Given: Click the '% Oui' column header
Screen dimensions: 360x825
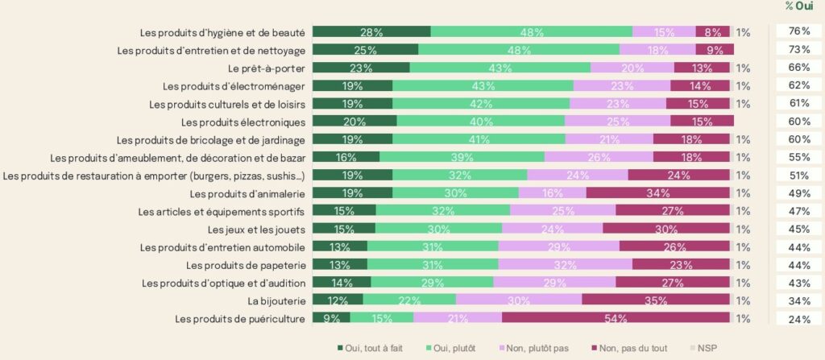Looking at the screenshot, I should [798, 6].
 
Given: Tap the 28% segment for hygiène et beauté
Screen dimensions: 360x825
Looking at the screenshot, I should [371, 32].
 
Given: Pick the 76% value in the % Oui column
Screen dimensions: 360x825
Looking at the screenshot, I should [798, 32].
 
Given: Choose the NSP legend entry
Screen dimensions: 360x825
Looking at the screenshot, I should [706, 348].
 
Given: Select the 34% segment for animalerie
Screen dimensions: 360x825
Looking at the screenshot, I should [658, 193].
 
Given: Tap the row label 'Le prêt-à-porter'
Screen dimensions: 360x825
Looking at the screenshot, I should [267, 68].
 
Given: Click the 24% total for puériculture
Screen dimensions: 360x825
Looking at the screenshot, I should [798, 318].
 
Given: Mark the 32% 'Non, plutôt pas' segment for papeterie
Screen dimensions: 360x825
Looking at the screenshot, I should [565, 265].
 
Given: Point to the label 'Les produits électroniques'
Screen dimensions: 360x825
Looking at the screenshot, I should [243, 122].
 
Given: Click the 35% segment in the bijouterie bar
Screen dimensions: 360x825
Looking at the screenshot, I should [656, 300].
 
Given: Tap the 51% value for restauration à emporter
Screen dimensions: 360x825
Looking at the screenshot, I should [798, 176].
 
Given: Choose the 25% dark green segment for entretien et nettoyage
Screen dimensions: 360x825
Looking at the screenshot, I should [365, 50].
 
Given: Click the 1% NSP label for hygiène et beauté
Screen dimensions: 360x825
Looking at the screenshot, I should [743, 32].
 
